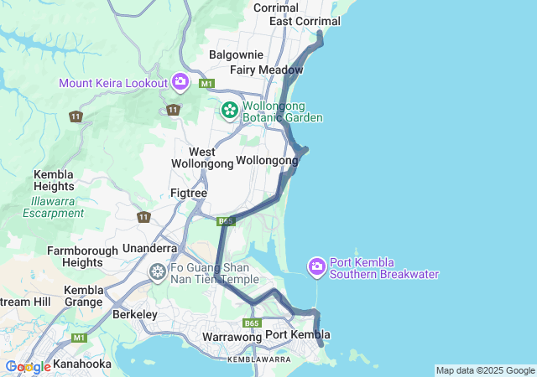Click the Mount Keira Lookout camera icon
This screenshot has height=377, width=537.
pyautogui.click(x=180, y=81)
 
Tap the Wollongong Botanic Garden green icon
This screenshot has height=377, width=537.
pyautogui.click(x=229, y=110)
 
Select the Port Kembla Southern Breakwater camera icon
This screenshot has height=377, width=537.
pyautogui.click(x=316, y=266)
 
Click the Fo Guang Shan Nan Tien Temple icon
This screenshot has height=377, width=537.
pyautogui.click(x=157, y=271)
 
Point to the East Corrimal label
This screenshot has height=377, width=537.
pyautogui.click(x=305, y=21)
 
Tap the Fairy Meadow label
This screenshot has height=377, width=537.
pyautogui.click(x=266, y=70)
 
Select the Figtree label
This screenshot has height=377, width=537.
pyautogui.click(x=188, y=193)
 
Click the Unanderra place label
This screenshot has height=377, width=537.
pyautogui.click(x=149, y=248)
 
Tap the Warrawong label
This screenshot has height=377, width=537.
pyautogui.click(x=227, y=337)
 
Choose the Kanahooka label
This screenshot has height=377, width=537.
pyautogui.click(x=81, y=364)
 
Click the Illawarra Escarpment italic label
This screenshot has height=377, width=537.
pyautogui.click(x=54, y=207)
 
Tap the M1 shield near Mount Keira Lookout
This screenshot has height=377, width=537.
pyautogui.click(x=206, y=84)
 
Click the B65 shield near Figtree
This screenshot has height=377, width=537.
pyautogui.click(x=225, y=221)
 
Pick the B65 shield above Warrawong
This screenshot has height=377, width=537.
pyautogui.click(x=253, y=323)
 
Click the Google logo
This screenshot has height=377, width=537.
pyautogui.click(x=28, y=367)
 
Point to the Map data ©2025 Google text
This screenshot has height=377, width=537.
pyautogui.click(x=485, y=370)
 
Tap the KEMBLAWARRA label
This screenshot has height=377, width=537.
pyautogui.click(x=258, y=359)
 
